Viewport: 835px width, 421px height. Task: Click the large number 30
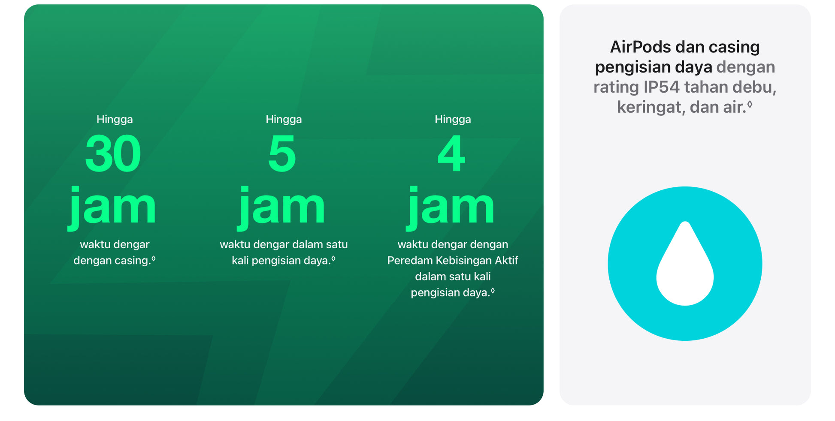point(113,153)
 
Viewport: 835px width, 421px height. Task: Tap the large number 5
point(282,153)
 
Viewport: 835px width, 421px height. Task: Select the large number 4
point(451,153)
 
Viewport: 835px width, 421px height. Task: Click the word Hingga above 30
point(115,120)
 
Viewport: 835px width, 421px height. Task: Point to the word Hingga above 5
point(284,120)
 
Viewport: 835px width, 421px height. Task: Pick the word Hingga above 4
point(453,120)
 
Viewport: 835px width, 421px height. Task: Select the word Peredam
point(410,261)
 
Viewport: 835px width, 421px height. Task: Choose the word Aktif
point(507,261)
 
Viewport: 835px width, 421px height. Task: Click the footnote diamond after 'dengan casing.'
point(154,259)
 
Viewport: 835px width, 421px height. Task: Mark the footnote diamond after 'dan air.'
point(750,104)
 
